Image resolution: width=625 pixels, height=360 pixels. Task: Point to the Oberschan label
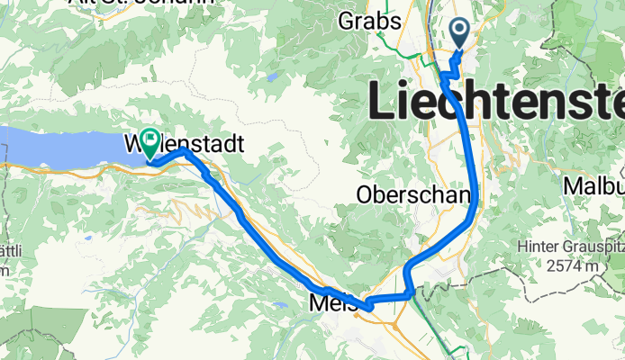coord(413,194)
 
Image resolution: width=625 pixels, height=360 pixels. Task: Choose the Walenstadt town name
coord(186,143)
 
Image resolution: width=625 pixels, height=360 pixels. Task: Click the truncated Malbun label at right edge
coord(593,185)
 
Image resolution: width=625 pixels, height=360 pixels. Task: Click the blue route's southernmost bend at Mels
coord(367,308)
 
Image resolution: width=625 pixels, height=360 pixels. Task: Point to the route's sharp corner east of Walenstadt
coord(185,151)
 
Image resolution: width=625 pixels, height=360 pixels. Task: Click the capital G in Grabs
coord(348,19)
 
